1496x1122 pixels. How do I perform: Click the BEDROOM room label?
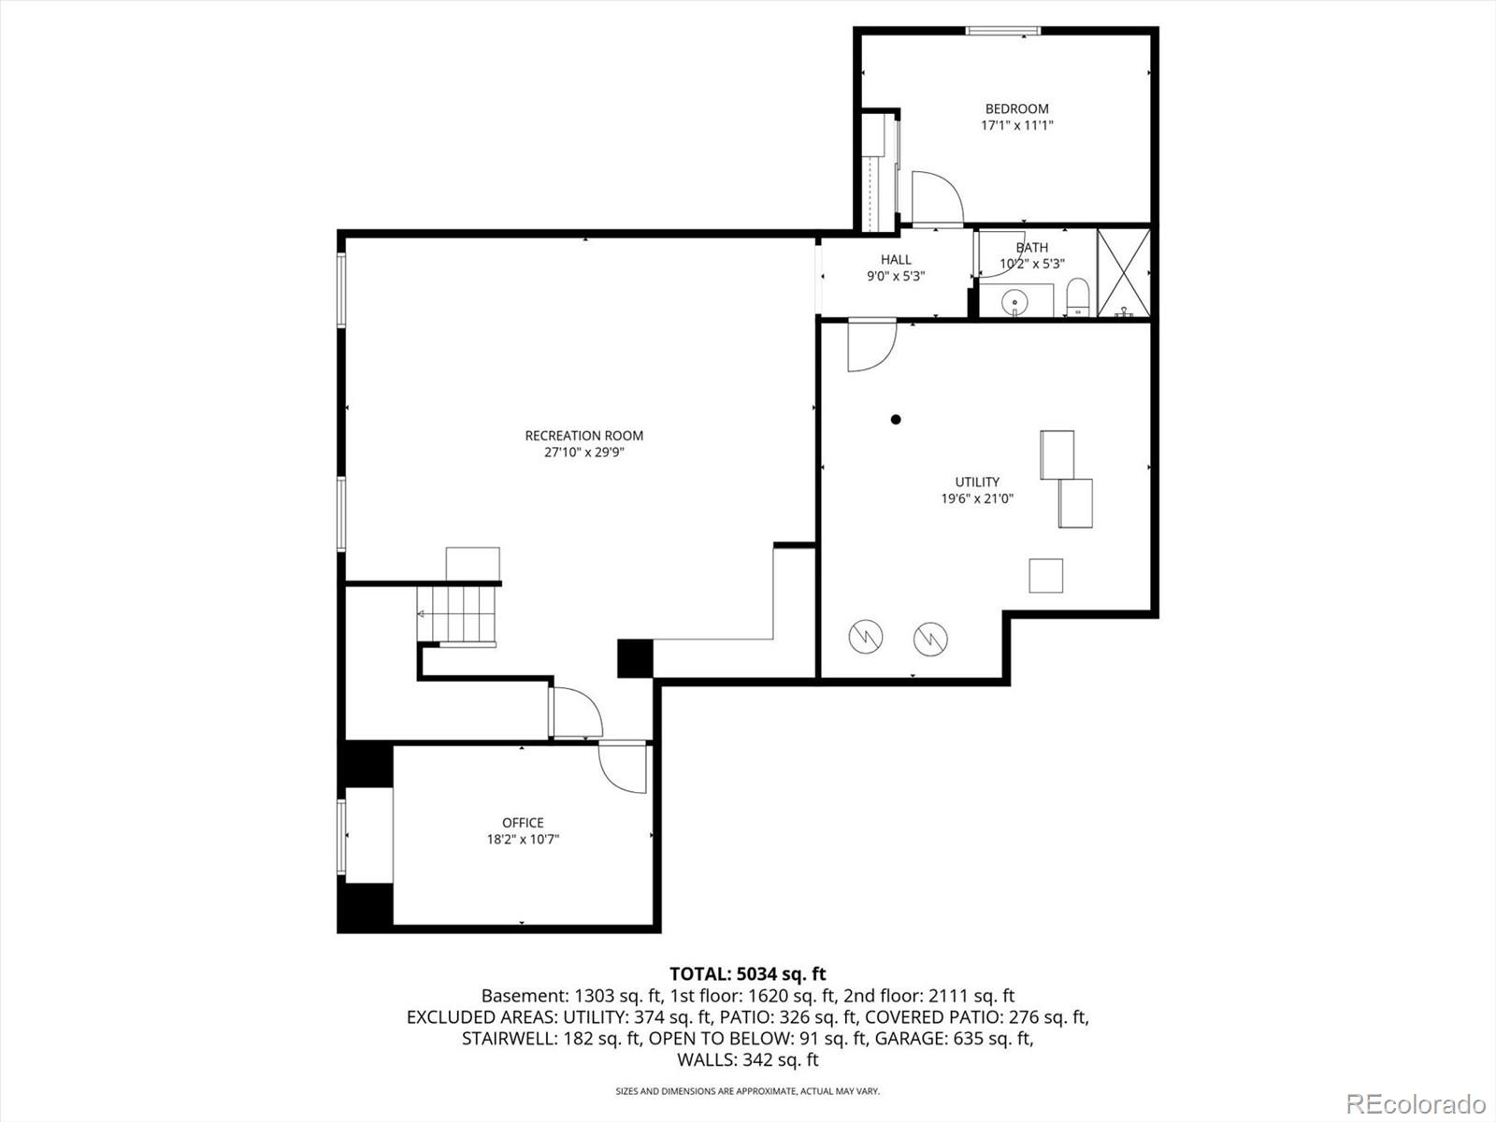pos(1016,108)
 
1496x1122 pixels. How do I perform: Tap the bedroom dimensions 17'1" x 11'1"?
pos(1016,125)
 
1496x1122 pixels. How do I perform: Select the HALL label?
pos(895,259)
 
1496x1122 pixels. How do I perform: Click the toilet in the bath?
pos(1078,297)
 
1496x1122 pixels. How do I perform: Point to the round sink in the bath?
pos(1014,302)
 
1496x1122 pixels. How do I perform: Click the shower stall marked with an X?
pos(1123,272)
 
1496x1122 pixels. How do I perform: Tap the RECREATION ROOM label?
pos(583,436)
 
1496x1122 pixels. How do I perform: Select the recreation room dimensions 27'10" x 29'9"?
pos(583,453)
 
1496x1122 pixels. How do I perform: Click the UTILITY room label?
pos(977,482)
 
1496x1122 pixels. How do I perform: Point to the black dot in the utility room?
pos(896,420)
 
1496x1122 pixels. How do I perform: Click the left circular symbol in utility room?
pos(865,637)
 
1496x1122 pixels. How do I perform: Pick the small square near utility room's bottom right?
pos(1045,575)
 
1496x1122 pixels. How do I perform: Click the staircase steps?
pos(458,613)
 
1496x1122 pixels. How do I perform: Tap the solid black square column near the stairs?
pos(635,658)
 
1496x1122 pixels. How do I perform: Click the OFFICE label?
pos(523,823)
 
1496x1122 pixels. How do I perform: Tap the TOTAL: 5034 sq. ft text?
pos(747,974)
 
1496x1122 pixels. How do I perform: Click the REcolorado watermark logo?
pos(1415,1103)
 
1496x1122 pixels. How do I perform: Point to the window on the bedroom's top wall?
pos(1002,31)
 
